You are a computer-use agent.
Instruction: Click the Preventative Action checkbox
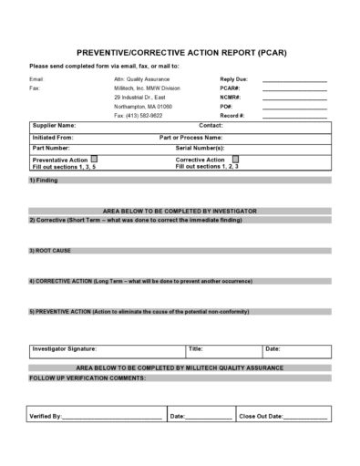click(x=94, y=159)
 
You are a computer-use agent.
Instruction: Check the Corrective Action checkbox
click(x=236, y=159)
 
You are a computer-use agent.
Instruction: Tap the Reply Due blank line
click(x=293, y=80)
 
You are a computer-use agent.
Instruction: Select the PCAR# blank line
click(x=293, y=88)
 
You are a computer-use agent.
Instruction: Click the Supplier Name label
click(x=54, y=125)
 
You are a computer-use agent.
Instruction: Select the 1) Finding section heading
click(x=43, y=180)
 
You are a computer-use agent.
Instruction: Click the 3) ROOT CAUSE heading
click(x=50, y=249)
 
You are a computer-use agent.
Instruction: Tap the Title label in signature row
click(x=195, y=349)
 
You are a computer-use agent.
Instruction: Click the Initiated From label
click(x=54, y=136)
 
